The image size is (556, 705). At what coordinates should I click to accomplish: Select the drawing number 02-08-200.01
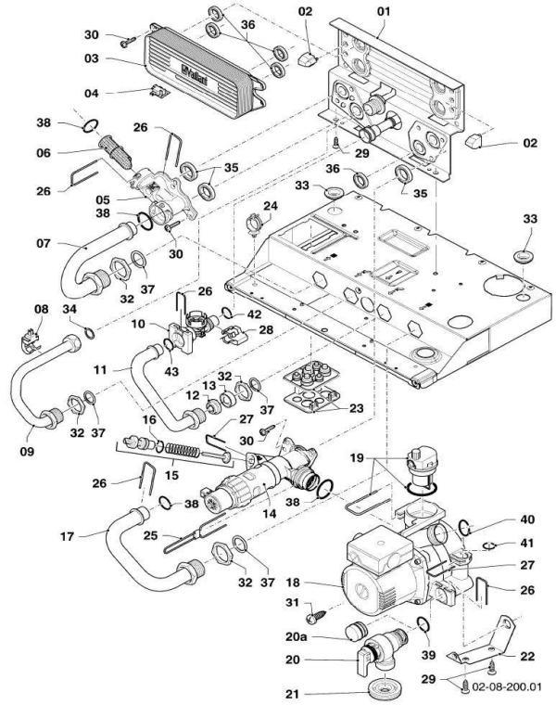(509, 687)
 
